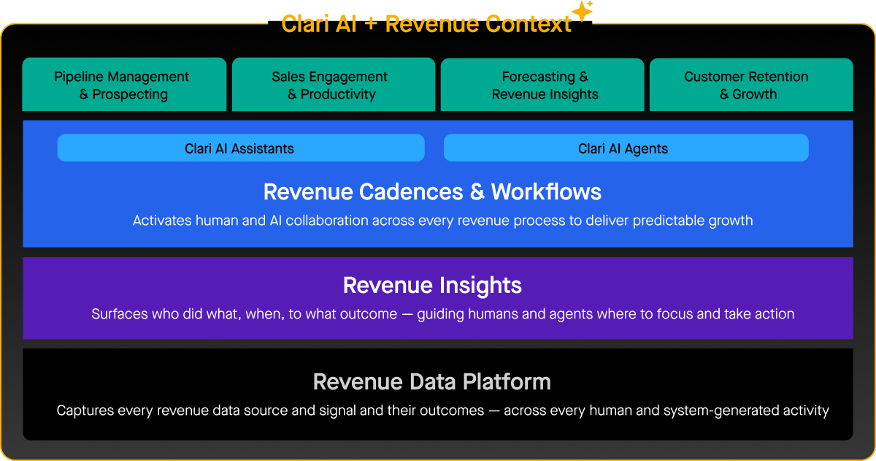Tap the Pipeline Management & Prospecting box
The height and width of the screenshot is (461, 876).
[x=124, y=85]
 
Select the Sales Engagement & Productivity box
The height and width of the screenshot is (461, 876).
[x=333, y=85]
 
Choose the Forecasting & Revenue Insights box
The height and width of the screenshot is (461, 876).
[x=542, y=85]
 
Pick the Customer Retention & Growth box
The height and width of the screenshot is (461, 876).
[x=751, y=85]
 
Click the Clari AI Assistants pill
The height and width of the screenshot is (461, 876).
[x=240, y=148]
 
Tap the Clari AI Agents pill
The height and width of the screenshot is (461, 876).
[x=626, y=148]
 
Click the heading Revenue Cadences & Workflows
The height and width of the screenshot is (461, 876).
[x=432, y=191]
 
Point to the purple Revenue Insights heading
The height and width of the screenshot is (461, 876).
[x=432, y=285]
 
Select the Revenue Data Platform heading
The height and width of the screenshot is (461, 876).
[x=432, y=381]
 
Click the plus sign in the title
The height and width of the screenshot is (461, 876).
[x=370, y=25]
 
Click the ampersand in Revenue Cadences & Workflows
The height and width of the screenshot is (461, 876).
[x=477, y=191]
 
